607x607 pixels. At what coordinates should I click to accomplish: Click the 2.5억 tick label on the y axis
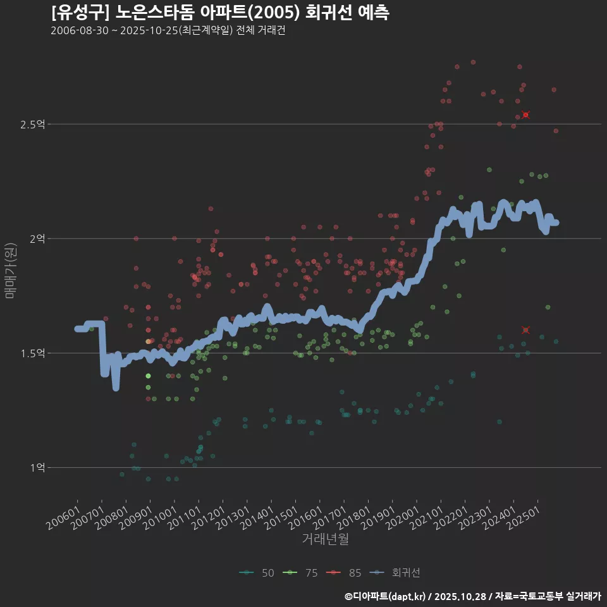pos(32,125)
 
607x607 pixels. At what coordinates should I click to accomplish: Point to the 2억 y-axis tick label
pos(37,239)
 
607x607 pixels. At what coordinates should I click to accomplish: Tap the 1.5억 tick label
pos(32,353)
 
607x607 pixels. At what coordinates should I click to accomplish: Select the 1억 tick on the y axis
pos(37,468)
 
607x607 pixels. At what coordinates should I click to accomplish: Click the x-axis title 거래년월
pos(325,539)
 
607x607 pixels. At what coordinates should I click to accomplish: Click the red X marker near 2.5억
pos(525,115)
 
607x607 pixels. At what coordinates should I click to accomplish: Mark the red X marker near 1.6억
pos(525,330)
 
